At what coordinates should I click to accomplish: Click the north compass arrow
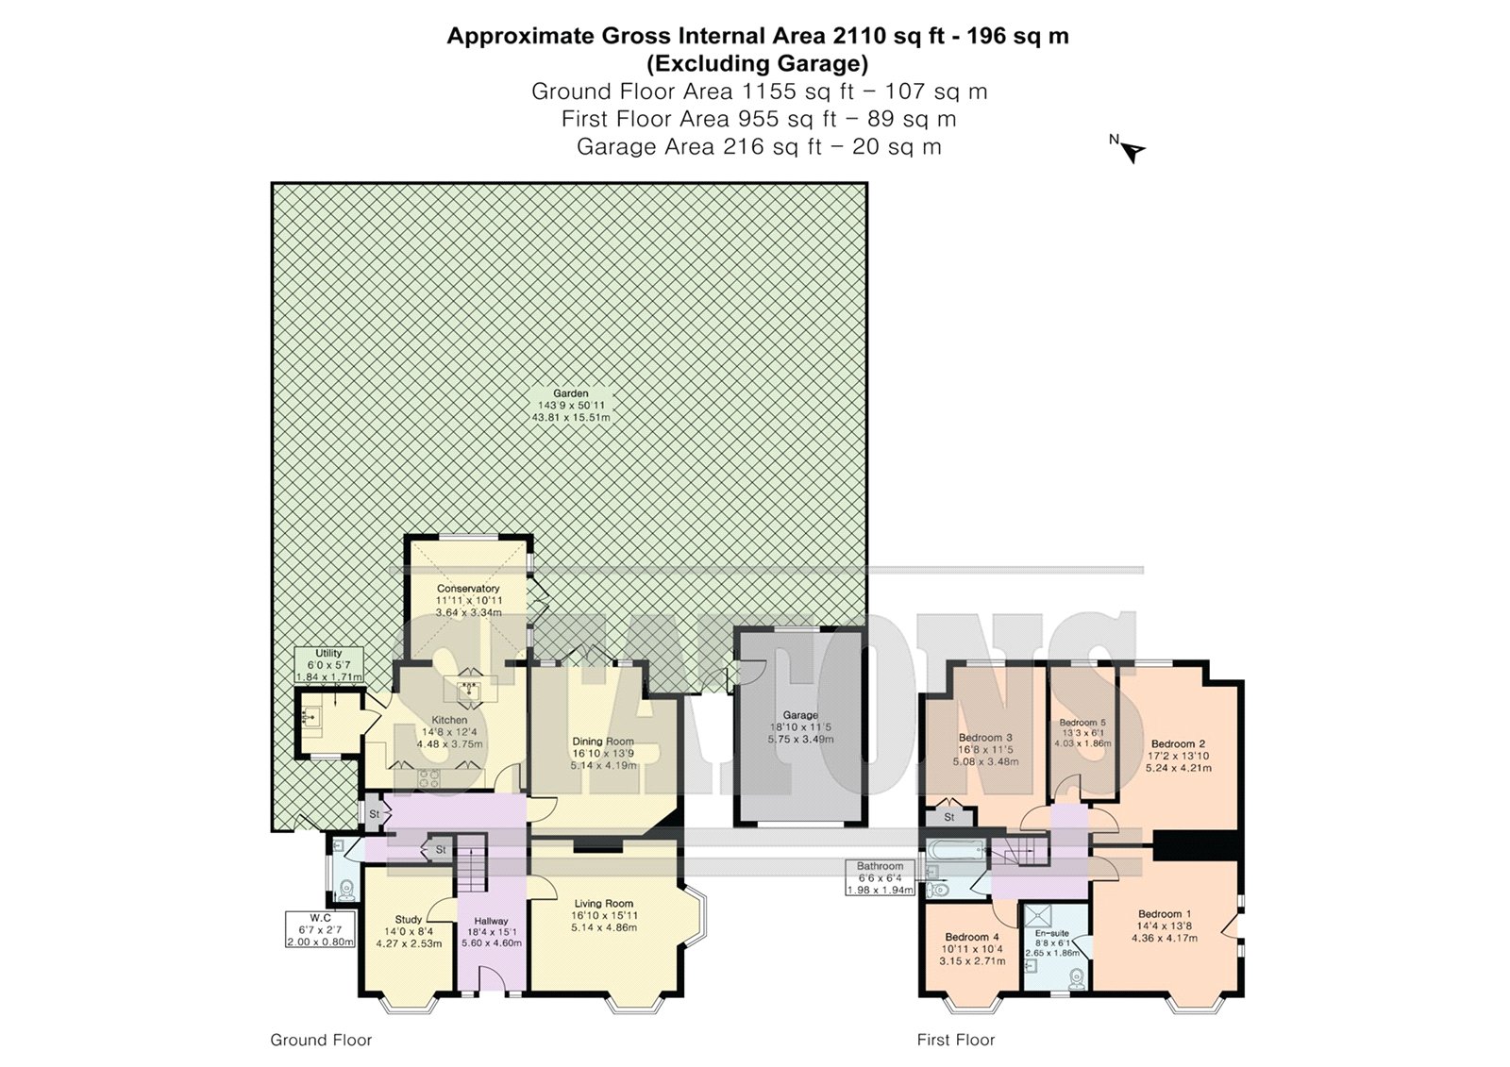tap(1133, 152)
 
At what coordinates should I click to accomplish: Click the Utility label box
tap(329, 664)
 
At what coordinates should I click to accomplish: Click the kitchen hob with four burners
tap(429, 778)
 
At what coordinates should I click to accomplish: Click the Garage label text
tap(800, 715)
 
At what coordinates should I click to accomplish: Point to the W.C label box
tap(320, 929)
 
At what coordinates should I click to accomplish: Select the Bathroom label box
tap(881, 877)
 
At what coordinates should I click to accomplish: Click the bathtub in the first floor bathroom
tap(957, 851)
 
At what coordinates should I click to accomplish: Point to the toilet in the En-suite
tap(1077, 977)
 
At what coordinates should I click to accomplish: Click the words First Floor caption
tap(956, 1040)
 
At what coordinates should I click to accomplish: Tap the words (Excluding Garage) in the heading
tap(758, 64)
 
